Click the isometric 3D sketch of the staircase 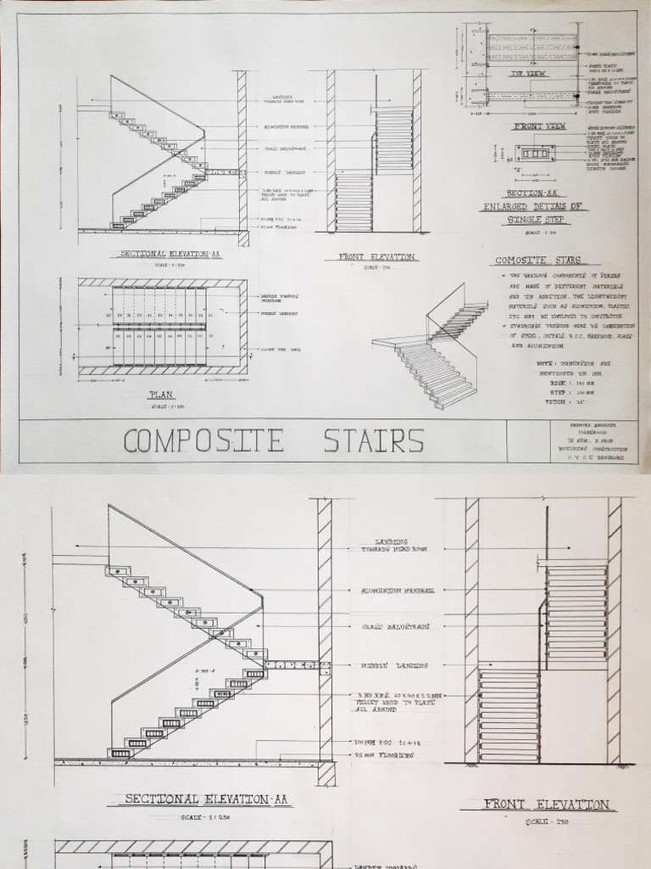pos(432,348)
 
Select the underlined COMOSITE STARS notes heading pos(536,261)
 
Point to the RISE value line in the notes pos(567,383)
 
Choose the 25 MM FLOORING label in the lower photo pos(384,754)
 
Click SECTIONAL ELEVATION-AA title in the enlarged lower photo pos(209,799)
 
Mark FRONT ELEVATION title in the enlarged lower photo pos(547,805)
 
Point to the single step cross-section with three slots pos(536,154)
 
